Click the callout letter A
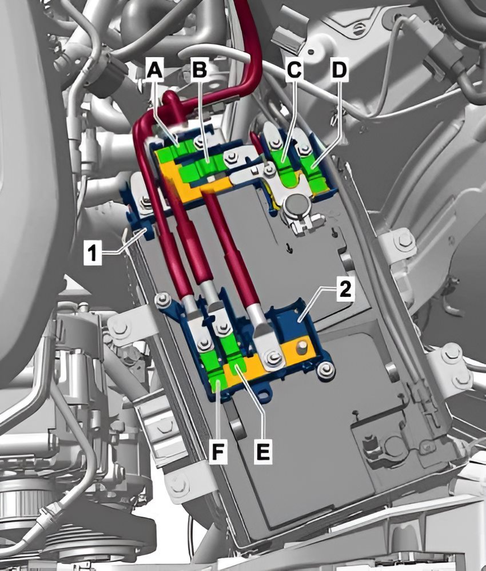coord(155,70)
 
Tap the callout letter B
coord(200,70)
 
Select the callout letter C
coord(294,70)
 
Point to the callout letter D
coord(339,70)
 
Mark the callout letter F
coord(218,452)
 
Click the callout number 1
coord(93,252)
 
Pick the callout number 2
coord(345,290)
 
